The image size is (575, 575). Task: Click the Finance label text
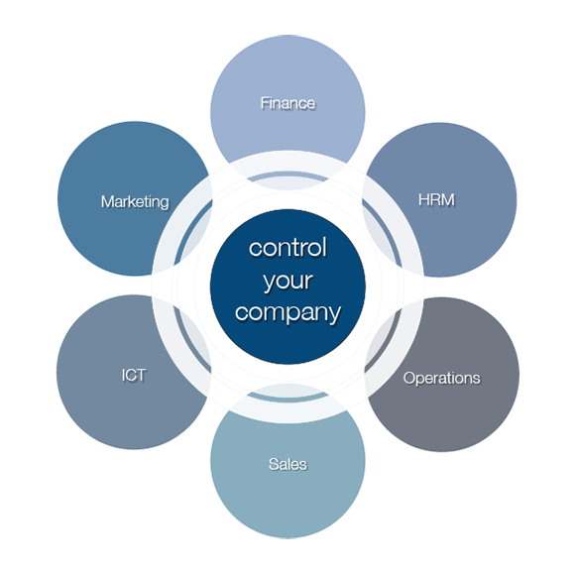[287, 103]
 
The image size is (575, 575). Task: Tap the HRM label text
[437, 200]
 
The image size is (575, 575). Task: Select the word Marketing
[135, 202]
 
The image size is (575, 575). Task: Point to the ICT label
[134, 375]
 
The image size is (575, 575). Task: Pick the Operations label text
[442, 379]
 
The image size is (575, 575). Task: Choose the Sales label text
[287, 464]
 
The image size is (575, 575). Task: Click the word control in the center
[287, 247]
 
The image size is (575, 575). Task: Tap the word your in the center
[288, 282]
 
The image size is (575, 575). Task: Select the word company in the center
[288, 313]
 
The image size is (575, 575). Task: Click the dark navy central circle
[287, 287]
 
